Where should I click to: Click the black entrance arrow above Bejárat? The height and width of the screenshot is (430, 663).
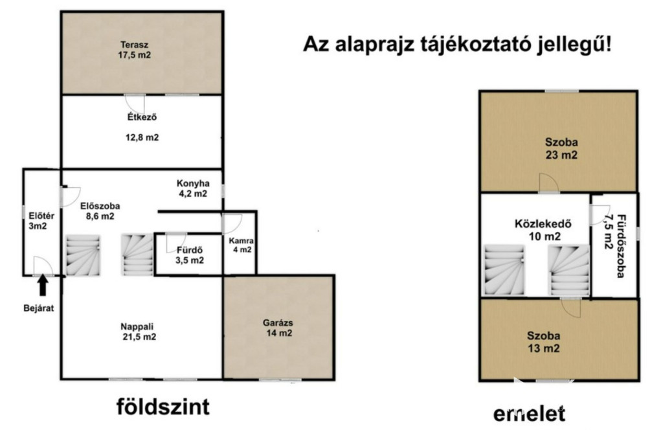[x=42, y=285]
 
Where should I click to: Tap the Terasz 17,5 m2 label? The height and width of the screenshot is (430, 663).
[x=135, y=49]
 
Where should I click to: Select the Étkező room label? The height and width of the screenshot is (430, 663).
[x=142, y=117]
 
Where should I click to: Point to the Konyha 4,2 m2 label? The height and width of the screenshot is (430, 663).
[x=193, y=188]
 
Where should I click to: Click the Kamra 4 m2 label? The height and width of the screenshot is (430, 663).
[x=242, y=245]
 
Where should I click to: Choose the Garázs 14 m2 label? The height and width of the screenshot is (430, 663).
[x=278, y=328]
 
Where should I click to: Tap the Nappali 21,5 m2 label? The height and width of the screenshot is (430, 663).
[x=138, y=332]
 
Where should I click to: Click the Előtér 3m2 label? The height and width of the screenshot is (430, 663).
[x=41, y=221]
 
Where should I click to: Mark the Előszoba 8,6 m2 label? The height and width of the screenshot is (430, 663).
[x=100, y=211]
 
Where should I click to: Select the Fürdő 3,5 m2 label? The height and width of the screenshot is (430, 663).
[x=190, y=255]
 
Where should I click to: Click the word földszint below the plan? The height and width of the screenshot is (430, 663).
[x=163, y=407]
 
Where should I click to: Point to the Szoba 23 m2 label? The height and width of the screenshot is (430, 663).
[x=561, y=148]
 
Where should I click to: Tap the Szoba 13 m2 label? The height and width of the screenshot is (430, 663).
[x=544, y=342]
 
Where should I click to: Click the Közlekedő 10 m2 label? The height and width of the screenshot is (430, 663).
[x=544, y=230]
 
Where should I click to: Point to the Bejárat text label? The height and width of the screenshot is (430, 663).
[x=38, y=308]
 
